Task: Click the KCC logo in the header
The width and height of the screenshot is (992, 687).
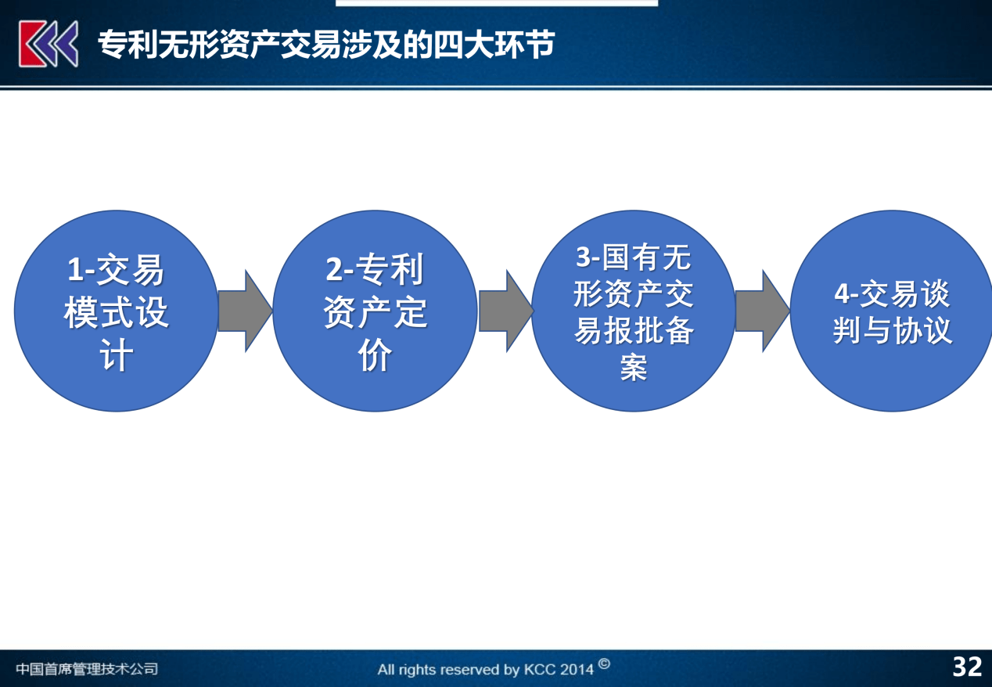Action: click(x=49, y=44)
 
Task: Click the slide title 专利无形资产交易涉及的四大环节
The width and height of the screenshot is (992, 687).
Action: click(x=326, y=45)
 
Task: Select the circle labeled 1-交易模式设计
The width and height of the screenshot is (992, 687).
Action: click(x=117, y=311)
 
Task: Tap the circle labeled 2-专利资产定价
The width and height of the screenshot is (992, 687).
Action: click(x=375, y=311)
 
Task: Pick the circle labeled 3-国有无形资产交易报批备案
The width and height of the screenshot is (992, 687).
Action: click(x=634, y=311)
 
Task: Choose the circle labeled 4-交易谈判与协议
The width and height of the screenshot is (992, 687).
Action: click(x=892, y=311)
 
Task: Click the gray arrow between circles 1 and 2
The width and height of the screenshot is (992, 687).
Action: click(x=246, y=311)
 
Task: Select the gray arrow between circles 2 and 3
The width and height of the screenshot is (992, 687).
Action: click(x=506, y=311)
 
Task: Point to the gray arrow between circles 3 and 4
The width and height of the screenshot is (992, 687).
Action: click(x=763, y=311)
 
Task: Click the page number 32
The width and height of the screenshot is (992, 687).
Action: click(x=968, y=667)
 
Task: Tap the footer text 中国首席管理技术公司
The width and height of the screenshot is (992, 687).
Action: click(x=87, y=668)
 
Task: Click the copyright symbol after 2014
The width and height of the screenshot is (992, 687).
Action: click(x=604, y=664)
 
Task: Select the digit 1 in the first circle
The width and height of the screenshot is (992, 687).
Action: click(x=74, y=269)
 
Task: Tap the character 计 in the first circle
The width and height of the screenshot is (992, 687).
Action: click(x=116, y=354)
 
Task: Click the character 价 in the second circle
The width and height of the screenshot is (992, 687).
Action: click(x=375, y=354)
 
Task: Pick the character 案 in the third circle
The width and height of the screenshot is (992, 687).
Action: click(x=634, y=367)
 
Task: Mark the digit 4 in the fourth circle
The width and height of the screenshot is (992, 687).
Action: click(x=842, y=293)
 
